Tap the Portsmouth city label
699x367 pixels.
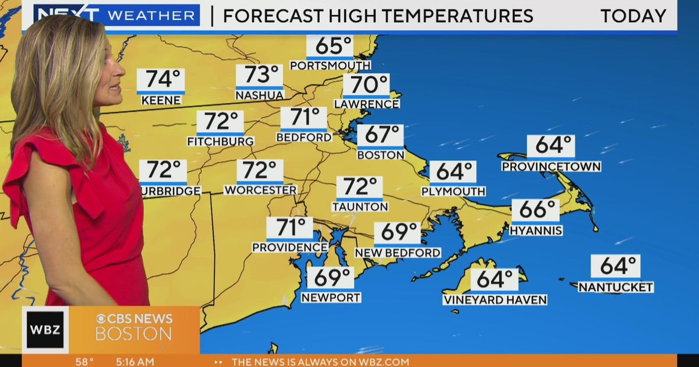pyautogui.click(x=330, y=65)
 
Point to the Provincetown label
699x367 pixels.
pyautogui.click(x=551, y=167)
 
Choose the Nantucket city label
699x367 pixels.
pyautogui.click(x=616, y=287)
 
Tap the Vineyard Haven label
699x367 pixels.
pyautogui.click(x=495, y=300)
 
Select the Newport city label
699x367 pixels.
pyautogui.click(x=331, y=297)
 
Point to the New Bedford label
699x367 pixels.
pyautogui.click(x=398, y=253)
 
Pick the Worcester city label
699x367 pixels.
pyautogui.click(x=260, y=190)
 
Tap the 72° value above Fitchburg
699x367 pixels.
pyautogui.click(x=220, y=122)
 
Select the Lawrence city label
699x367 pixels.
pyautogui.click(x=366, y=104)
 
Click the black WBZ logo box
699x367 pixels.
pyautogui.click(x=45, y=330)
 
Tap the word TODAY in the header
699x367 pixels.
pyautogui.click(x=633, y=16)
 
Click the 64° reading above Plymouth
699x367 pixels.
pyautogui.click(x=453, y=172)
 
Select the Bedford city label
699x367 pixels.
pyautogui.click(x=303, y=137)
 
